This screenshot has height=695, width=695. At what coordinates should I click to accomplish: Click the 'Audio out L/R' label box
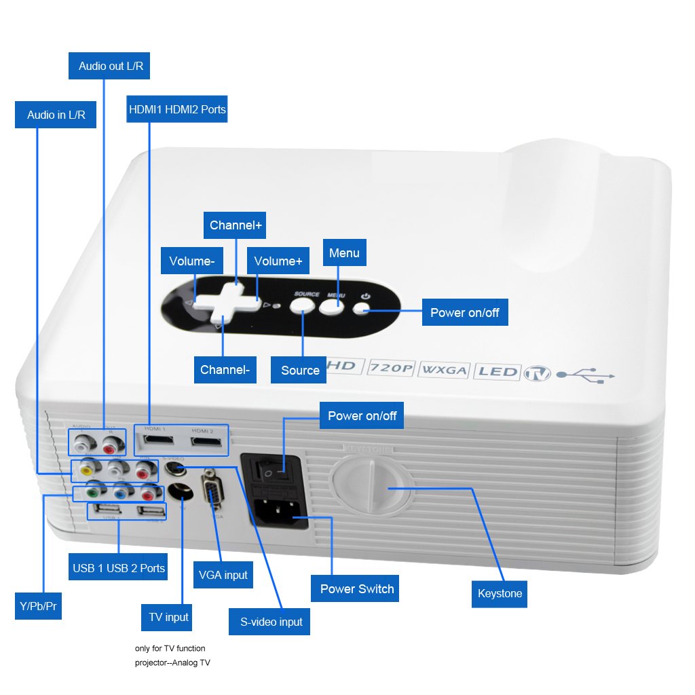point(110,66)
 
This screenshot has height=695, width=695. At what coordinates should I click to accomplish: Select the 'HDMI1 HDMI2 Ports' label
point(177,109)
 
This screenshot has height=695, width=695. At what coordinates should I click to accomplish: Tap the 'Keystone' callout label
point(500,593)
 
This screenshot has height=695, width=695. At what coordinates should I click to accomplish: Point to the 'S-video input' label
point(271,621)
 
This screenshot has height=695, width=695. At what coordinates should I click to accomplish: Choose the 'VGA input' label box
point(223,575)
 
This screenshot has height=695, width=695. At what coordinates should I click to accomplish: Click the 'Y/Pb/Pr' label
point(37,605)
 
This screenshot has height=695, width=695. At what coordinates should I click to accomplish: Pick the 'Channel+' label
point(236,225)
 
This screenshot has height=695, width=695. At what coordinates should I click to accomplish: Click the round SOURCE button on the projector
point(303,305)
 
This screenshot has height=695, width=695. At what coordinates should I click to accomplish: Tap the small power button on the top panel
point(361,309)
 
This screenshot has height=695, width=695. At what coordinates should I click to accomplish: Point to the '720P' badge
point(392,369)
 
